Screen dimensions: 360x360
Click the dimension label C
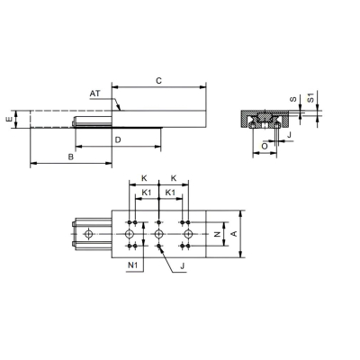[158, 81]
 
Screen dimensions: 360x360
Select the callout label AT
[95, 94]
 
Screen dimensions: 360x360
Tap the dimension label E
[9, 119]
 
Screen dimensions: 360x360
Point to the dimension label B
[70, 157]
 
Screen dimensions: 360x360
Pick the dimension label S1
[310, 99]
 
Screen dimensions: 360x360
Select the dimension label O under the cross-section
[263, 144]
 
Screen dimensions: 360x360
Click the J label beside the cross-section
[290, 136]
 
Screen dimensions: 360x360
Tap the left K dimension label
[144, 179]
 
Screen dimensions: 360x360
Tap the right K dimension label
[172, 179]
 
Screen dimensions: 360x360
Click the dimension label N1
[131, 265]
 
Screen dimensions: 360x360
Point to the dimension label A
[234, 233]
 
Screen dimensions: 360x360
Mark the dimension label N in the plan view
[219, 233]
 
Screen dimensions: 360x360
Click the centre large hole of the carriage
[158, 235]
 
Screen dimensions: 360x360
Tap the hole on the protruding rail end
[87, 235]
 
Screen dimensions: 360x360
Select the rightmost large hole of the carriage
[187, 235]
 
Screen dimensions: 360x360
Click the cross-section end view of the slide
[265, 118]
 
